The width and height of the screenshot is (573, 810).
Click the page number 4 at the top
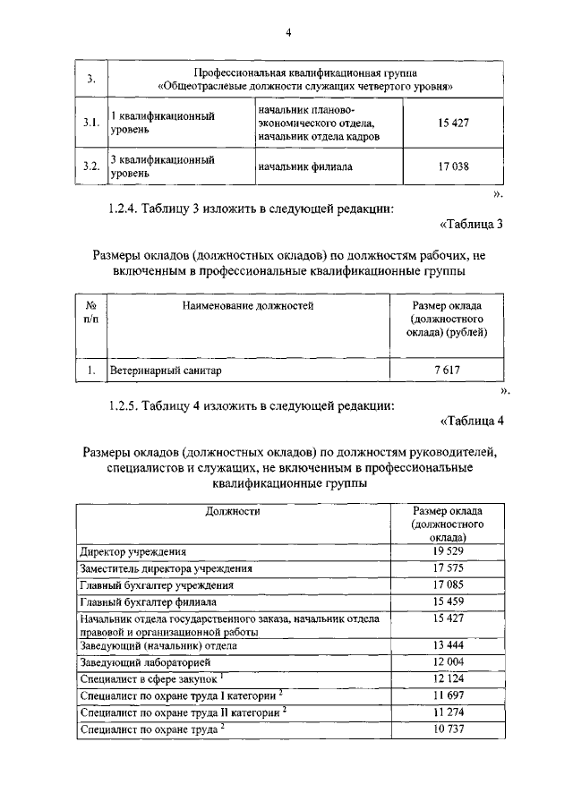point(288,34)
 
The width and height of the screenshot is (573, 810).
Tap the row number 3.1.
point(90,123)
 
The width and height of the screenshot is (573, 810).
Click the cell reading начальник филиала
point(304,166)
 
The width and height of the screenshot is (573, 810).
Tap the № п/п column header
point(90,312)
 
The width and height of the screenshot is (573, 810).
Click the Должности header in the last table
point(233,511)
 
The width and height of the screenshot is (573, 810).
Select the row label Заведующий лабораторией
point(144,662)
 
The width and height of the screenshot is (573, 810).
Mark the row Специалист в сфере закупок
point(147,679)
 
